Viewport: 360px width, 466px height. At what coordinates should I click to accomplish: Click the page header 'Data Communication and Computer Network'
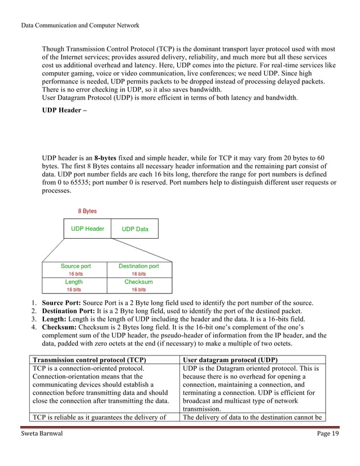(80, 25)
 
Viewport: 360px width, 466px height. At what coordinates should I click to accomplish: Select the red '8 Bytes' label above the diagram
(87, 211)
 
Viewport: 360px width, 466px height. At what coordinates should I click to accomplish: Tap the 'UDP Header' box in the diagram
(87, 229)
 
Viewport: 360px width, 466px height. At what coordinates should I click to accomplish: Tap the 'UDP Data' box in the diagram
(135, 229)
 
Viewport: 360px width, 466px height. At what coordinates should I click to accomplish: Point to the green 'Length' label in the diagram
(74, 282)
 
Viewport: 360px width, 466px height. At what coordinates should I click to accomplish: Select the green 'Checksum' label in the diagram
(138, 282)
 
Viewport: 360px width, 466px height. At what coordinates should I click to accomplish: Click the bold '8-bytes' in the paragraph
(108, 159)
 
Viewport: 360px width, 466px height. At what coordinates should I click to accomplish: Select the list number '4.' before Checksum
(34, 327)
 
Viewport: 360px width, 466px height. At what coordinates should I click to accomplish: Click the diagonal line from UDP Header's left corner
(53, 249)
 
